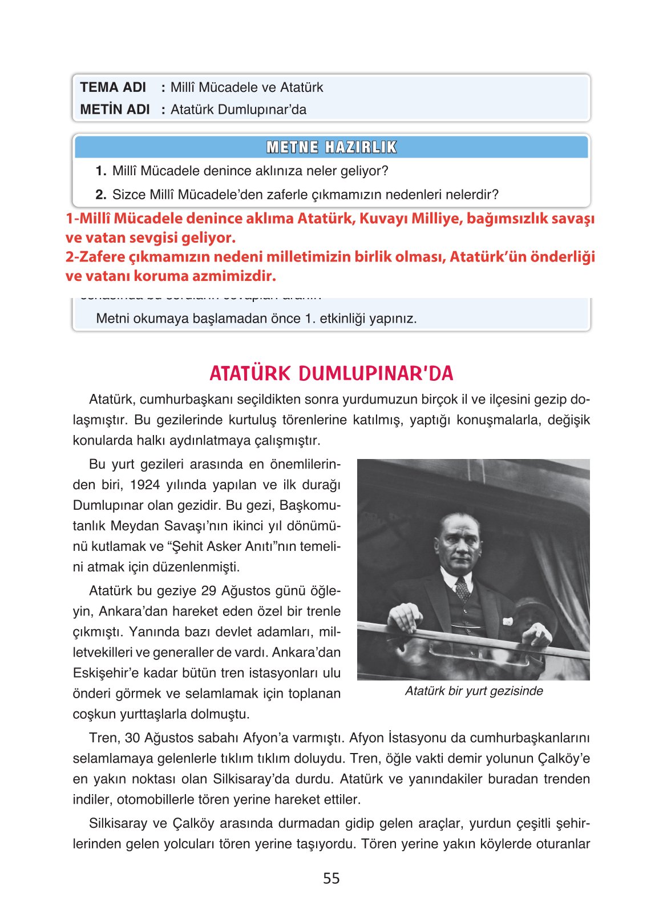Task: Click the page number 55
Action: pyautogui.click(x=331, y=878)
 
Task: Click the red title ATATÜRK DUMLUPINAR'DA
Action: pyautogui.click(x=331, y=373)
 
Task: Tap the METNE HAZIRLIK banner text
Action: pyautogui.click(x=331, y=147)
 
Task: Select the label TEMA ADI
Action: pyautogui.click(x=113, y=87)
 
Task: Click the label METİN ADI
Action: pyautogui.click(x=115, y=109)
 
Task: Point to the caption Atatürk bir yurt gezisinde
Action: pyautogui.click(x=474, y=691)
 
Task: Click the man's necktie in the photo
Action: pyautogui.click(x=462, y=588)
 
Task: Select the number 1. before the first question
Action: pyautogui.click(x=101, y=171)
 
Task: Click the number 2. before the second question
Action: pyautogui.click(x=101, y=195)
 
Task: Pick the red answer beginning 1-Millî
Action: pyautogui.click(x=330, y=228)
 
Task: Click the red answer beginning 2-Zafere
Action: pyautogui.click(x=330, y=266)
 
